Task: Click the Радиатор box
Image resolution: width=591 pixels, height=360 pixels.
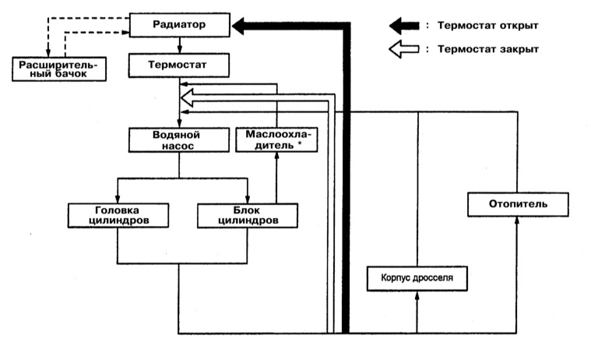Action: click(180, 26)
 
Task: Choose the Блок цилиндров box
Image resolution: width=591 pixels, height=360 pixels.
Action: click(247, 214)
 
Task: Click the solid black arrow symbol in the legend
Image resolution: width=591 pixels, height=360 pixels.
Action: click(404, 26)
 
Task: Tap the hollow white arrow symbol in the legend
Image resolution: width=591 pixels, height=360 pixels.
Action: click(404, 49)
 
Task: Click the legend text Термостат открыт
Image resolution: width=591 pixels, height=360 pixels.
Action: click(487, 26)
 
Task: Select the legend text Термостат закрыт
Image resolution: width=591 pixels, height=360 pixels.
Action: click(487, 49)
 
